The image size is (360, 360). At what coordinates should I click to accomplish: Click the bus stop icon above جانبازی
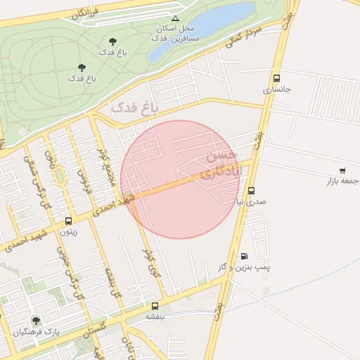pos(276,79)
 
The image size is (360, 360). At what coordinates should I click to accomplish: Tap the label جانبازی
pos(276,90)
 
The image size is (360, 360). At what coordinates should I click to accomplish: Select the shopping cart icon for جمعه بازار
pos(342,170)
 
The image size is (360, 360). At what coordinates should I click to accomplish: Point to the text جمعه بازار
pos(342,181)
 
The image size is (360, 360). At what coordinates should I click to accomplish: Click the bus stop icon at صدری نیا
pos(251,191)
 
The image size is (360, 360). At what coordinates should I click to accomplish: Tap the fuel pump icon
pos(244,257)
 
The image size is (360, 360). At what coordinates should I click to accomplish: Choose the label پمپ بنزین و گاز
pos(243,268)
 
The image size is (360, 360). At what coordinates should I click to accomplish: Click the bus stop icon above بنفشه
pos(155,306)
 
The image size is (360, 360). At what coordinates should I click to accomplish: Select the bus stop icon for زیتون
pos(68,221)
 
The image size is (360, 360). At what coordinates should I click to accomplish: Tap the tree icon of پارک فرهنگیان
pos(36,321)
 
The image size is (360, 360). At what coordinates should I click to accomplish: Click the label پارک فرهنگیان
pos(35,331)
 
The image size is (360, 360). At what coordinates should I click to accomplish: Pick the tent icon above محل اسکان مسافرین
pos(176,18)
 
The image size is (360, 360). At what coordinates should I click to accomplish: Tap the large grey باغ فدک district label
pos(136,107)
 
